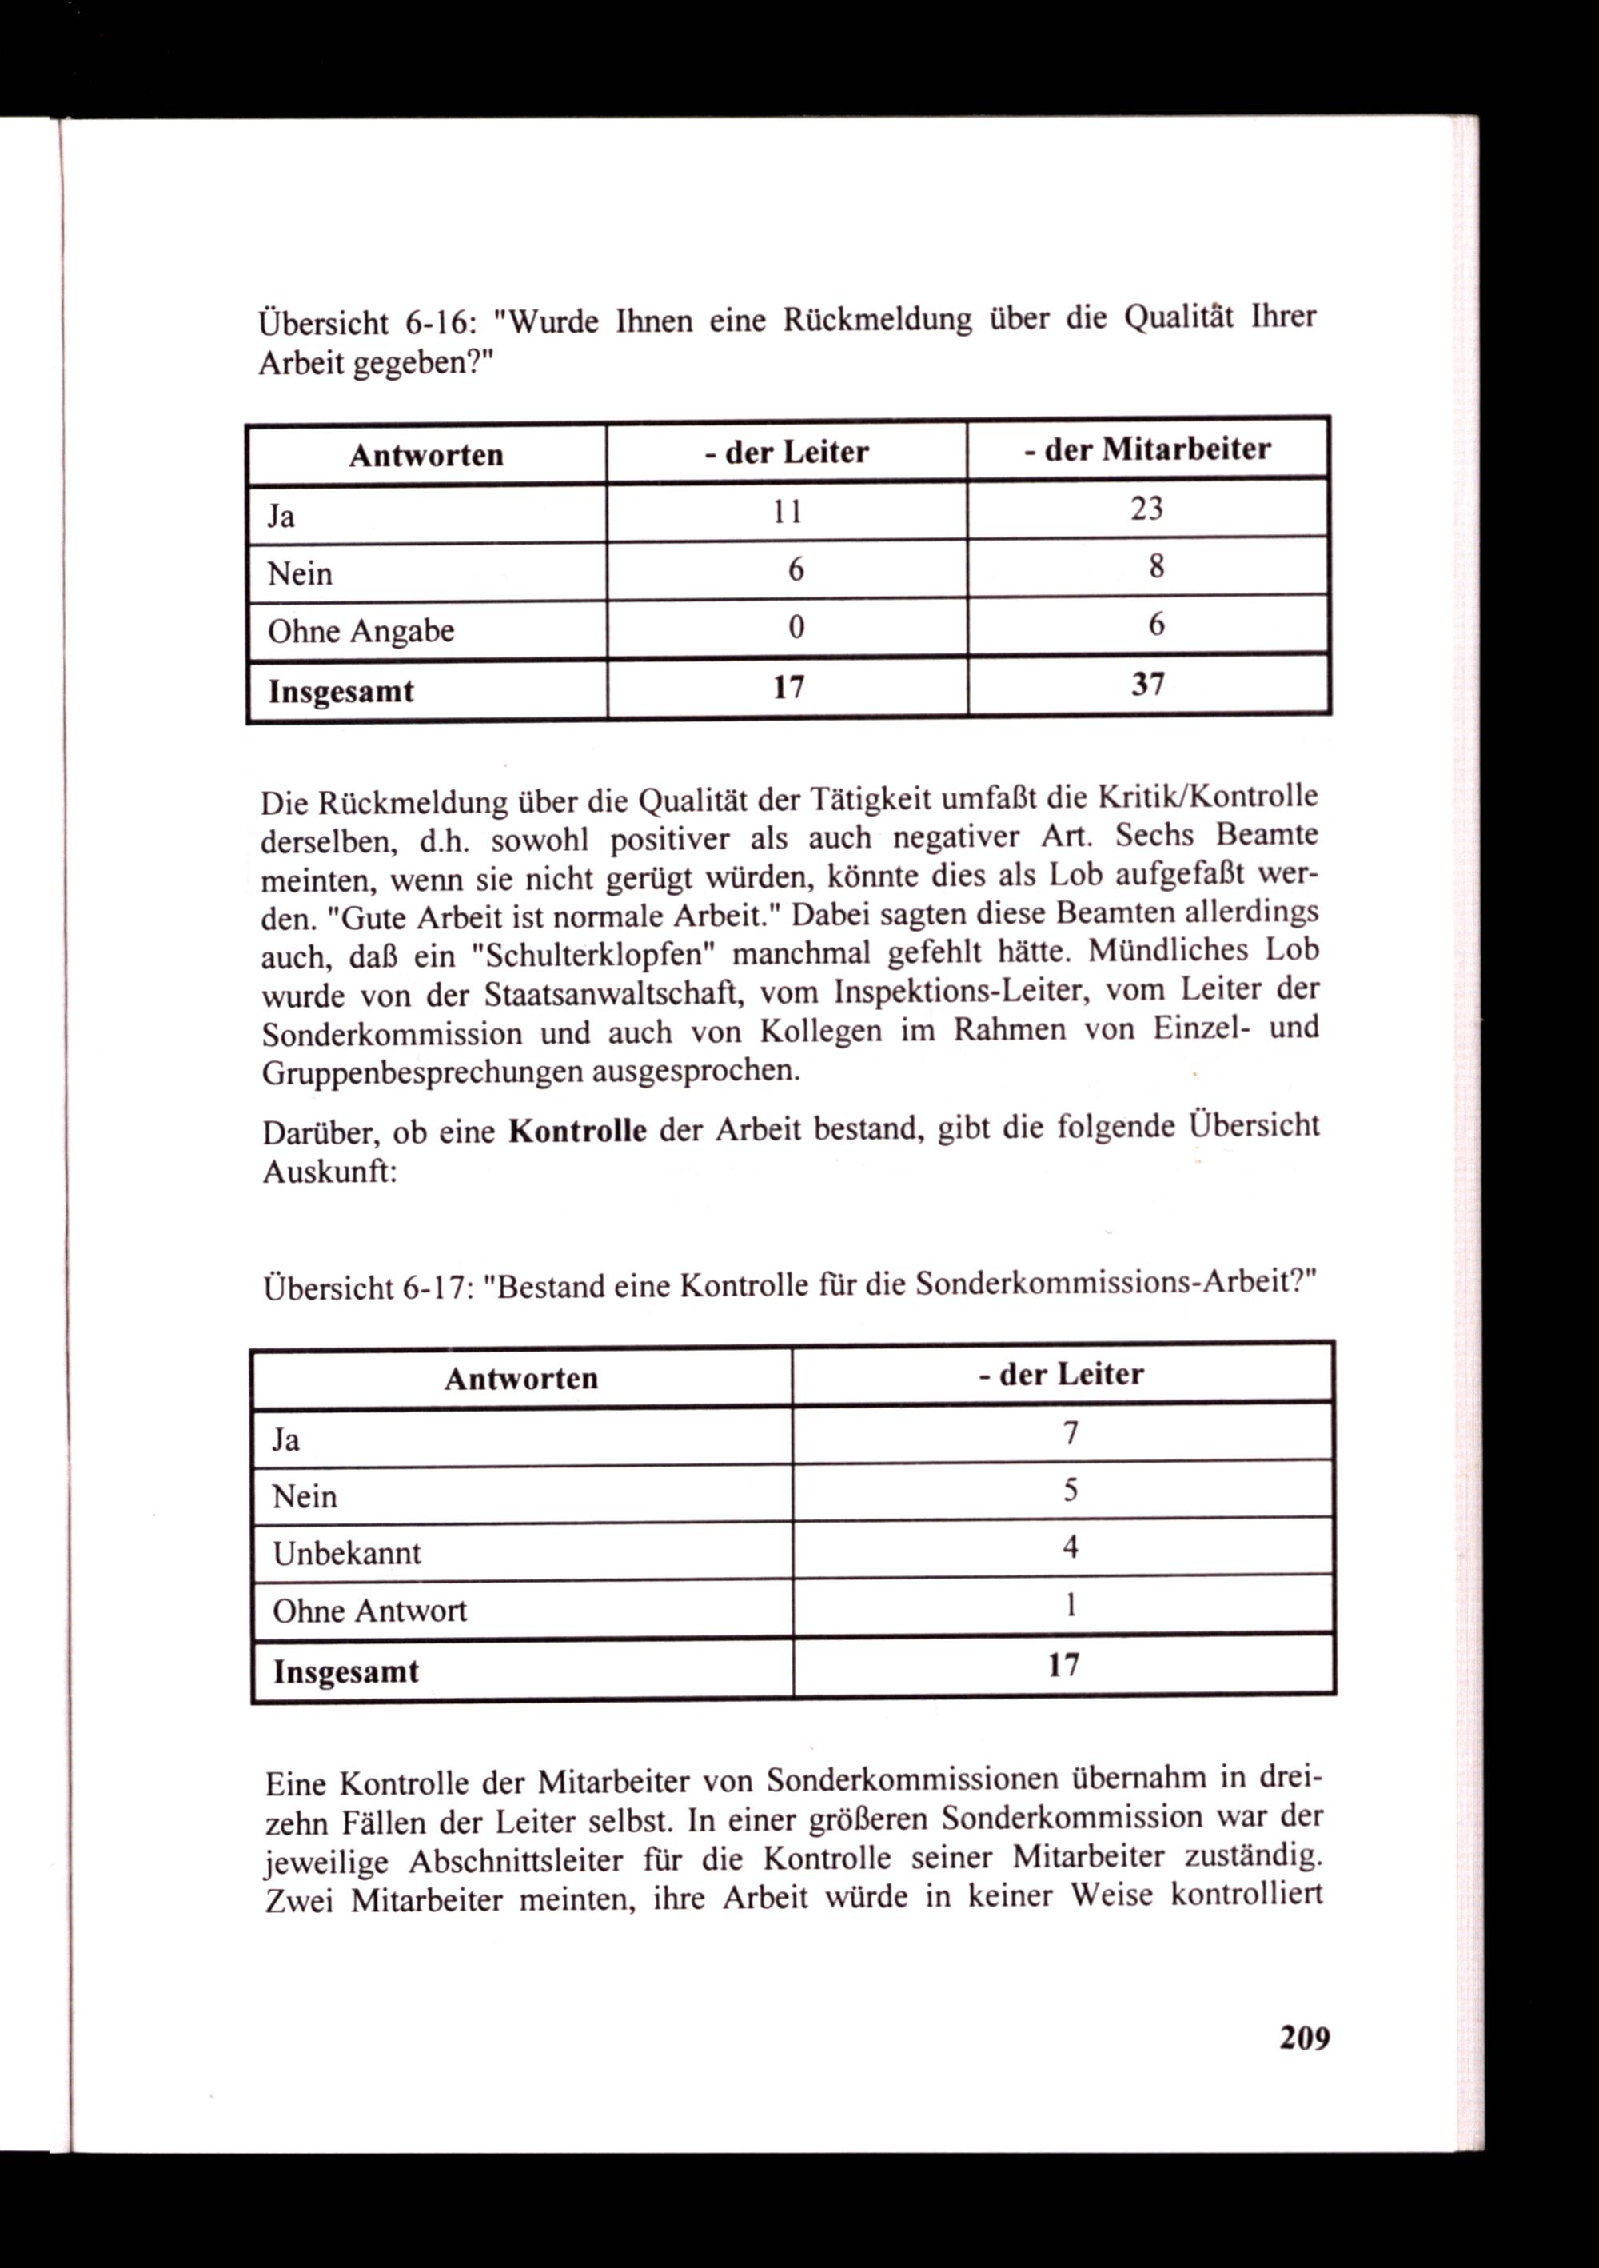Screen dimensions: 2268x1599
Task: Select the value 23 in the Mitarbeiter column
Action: pos(1146,509)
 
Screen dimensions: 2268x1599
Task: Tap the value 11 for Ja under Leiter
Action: pos(788,512)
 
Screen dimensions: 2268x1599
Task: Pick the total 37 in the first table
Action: pos(1147,684)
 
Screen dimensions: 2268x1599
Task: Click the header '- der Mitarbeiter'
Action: pos(1146,450)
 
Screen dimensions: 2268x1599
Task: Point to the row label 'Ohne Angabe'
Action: pos(361,631)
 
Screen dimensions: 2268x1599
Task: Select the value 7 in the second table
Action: pos(1070,1432)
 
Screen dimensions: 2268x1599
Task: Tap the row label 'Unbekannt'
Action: pos(347,1554)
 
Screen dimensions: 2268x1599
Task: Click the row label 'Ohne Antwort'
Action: pos(369,1611)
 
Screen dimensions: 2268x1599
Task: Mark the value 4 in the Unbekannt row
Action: pos(1070,1547)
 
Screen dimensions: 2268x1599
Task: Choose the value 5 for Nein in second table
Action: pos(1070,1490)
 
